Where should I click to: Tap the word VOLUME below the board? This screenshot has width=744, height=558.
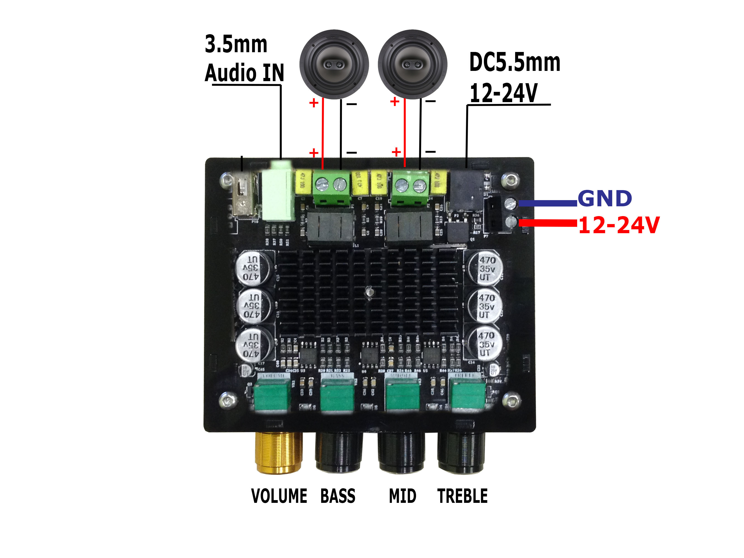coord(279,496)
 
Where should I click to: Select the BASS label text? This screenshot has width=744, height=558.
coord(338,496)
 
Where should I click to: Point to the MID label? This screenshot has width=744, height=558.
coord(402,496)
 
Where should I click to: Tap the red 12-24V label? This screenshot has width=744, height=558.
coord(619,225)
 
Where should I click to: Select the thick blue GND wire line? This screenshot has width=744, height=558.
coord(548,203)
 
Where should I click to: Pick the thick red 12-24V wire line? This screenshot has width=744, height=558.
coord(548,223)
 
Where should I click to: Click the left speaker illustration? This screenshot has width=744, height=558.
coord(334,64)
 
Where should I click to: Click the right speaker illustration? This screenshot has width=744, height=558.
coord(412,64)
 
